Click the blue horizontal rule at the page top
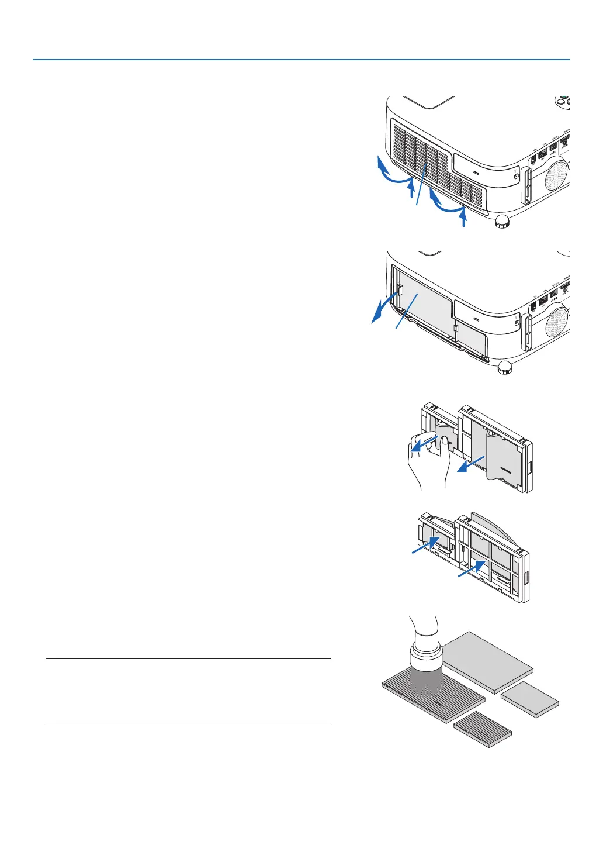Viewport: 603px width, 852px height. [301, 60]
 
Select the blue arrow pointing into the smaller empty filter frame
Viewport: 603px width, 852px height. [425, 544]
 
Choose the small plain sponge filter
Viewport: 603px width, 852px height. [530, 698]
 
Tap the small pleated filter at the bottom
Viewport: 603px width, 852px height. [483, 729]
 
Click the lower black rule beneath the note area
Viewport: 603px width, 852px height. [188, 723]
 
